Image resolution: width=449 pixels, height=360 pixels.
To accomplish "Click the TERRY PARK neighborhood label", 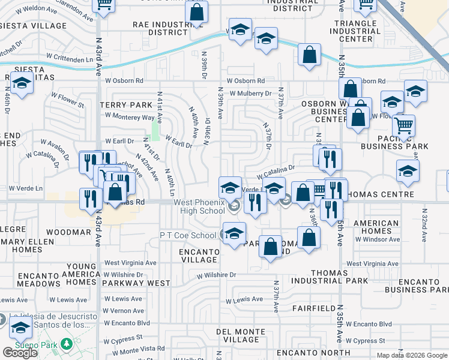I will pos(127,105).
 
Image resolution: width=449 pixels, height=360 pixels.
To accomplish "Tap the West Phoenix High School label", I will pos(200,206).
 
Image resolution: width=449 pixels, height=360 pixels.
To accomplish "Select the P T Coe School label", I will pos(187,235).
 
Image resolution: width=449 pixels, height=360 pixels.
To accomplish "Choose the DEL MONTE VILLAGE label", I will pos(241,335).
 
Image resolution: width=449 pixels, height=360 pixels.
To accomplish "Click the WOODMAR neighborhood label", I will pos(68,232).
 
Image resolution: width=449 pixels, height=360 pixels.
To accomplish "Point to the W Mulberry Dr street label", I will pos(249,94).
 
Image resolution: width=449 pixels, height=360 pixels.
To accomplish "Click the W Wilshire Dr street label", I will pos(217,275).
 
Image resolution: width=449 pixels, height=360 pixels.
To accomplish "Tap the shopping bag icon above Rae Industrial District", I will pos(196,11).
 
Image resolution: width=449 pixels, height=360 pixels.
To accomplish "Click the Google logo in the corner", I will pos(20,353).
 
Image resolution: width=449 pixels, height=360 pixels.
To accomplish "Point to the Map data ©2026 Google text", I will pos(411,355).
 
